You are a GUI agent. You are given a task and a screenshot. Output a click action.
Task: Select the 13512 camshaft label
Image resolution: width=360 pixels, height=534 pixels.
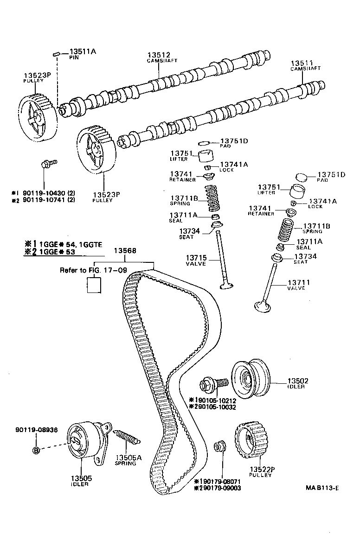tap(159, 54)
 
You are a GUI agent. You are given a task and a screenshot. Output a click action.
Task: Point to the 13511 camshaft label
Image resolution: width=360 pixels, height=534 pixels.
tap(302, 63)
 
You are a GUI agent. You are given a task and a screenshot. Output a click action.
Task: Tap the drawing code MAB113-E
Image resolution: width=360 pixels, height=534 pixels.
tap(322, 475)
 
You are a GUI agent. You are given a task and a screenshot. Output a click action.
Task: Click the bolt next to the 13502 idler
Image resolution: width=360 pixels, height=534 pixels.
tap(213, 384)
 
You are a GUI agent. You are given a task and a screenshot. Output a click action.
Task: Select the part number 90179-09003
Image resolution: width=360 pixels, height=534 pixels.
tap(220, 488)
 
